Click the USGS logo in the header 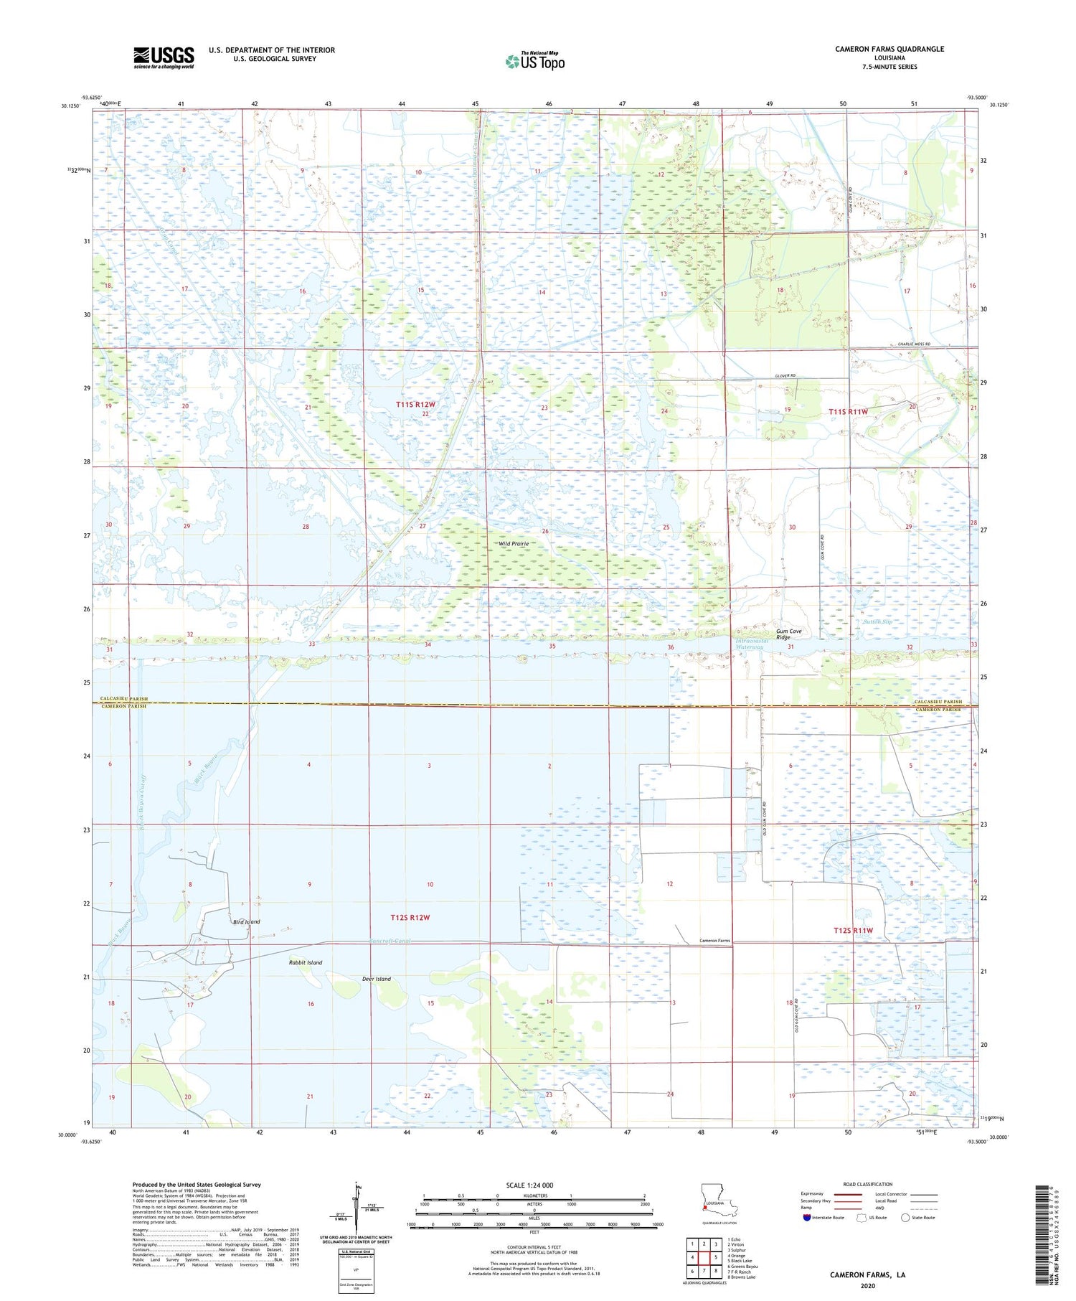(x=164, y=57)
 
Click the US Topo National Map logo (x=534, y=61)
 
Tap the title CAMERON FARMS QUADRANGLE (x=889, y=49)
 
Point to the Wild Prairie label (x=514, y=544)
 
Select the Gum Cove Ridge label (x=789, y=634)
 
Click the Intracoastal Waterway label (x=752, y=644)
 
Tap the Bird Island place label (x=246, y=921)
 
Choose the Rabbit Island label (x=306, y=962)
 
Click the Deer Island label (x=377, y=979)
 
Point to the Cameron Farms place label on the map (x=714, y=940)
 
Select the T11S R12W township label (x=415, y=405)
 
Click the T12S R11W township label (x=853, y=930)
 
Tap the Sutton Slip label (x=877, y=621)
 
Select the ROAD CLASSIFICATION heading (x=868, y=1184)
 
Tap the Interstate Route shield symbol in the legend (x=806, y=1217)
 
